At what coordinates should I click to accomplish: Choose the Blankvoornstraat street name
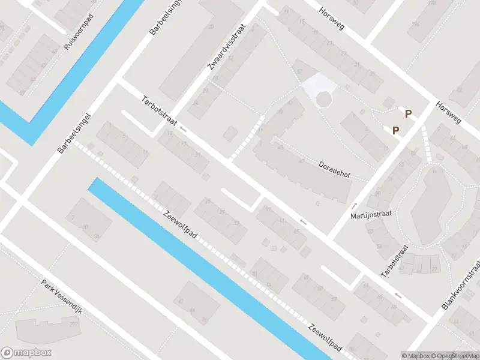point(461,286)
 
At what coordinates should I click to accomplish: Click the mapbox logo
point(26,353)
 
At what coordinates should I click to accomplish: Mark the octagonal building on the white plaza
point(323,99)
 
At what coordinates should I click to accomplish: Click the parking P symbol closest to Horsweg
point(408,113)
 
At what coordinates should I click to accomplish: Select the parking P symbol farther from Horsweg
point(395,130)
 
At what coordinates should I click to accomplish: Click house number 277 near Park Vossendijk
point(74,325)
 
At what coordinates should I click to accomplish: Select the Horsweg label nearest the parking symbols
point(449,112)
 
